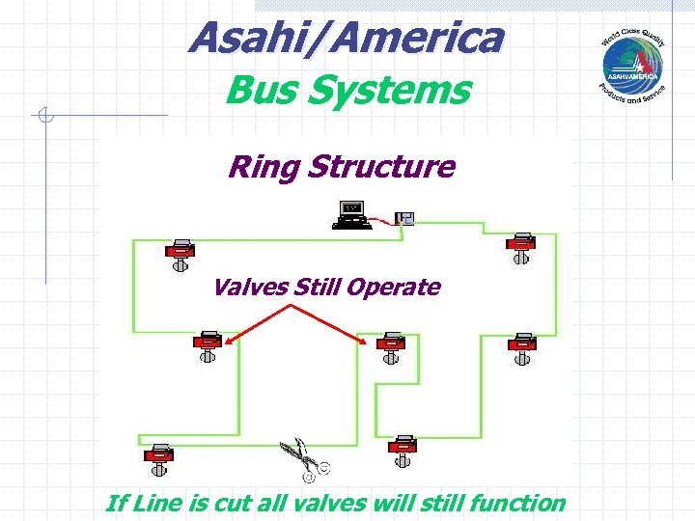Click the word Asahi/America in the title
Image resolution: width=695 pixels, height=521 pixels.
(347, 39)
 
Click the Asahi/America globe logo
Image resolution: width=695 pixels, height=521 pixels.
(632, 62)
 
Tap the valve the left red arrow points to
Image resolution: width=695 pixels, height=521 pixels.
(207, 344)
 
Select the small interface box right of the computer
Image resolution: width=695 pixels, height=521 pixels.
(404, 219)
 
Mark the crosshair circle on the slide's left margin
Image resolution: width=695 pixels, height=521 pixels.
(44, 116)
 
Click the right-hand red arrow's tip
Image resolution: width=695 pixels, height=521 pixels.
(368, 343)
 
